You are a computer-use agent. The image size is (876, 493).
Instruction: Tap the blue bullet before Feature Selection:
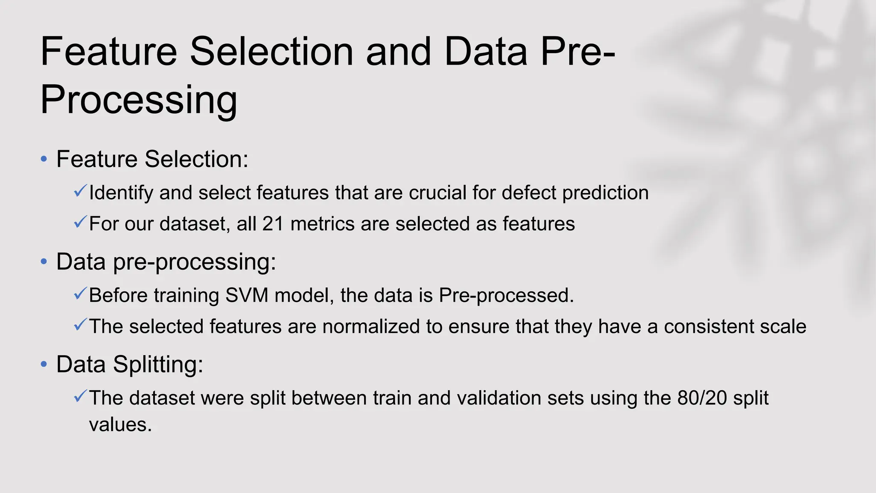(x=44, y=160)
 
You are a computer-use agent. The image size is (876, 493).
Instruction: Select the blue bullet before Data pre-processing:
(x=44, y=262)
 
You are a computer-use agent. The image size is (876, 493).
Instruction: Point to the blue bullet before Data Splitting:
(x=44, y=365)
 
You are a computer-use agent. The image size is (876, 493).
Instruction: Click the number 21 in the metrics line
(x=273, y=224)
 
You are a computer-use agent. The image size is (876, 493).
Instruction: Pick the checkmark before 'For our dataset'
(x=80, y=222)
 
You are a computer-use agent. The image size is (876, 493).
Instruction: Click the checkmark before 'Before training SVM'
(x=80, y=294)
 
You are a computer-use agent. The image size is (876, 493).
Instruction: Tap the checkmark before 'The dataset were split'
(x=80, y=396)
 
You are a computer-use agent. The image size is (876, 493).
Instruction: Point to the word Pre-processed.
(x=506, y=295)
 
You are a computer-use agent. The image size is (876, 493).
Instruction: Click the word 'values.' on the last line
(x=120, y=425)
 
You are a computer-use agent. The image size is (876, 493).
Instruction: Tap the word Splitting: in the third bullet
(x=158, y=365)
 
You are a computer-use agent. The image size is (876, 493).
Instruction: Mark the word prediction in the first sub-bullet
(x=605, y=193)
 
